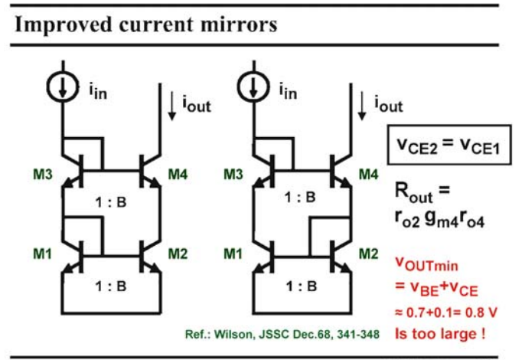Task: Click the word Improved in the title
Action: pyautogui.click(x=63, y=25)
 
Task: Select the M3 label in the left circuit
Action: pyautogui.click(x=43, y=175)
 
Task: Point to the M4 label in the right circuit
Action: pyautogui.click(x=369, y=175)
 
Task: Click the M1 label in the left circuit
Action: pyautogui.click(x=43, y=254)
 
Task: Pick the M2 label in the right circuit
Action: pyautogui.click(x=369, y=254)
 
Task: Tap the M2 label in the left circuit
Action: pyautogui.click(x=178, y=254)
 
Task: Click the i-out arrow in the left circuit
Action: pyautogui.click(x=172, y=106)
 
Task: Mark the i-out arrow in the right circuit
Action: pyautogui.click(x=362, y=106)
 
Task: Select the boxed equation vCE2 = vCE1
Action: pyautogui.click(x=449, y=145)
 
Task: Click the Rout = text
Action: pyautogui.click(x=422, y=192)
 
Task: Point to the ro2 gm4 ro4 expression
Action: pyautogui.click(x=439, y=220)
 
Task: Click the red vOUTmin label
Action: pyautogui.click(x=426, y=263)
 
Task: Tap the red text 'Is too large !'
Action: pyautogui.click(x=440, y=333)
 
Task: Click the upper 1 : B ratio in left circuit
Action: pyautogui.click(x=111, y=202)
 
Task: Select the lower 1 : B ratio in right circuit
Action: pyautogui.click(x=302, y=286)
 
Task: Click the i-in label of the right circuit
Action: pyautogui.click(x=289, y=91)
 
